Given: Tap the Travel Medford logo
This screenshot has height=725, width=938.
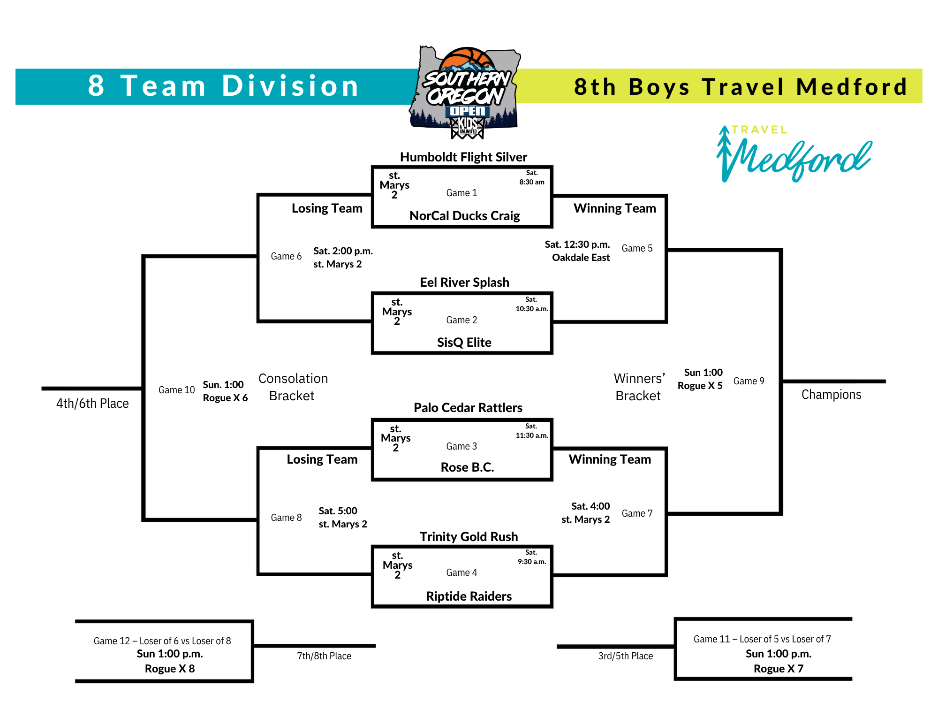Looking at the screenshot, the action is pyautogui.click(x=794, y=153).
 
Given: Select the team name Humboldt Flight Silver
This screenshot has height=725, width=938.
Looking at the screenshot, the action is pyautogui.click(x=463, y=157).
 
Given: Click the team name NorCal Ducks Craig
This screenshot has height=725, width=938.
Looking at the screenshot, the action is pyautogui.click(x=464, y=216).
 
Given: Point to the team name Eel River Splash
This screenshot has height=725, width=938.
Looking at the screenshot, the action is pyautogui.click(x=464, y=282).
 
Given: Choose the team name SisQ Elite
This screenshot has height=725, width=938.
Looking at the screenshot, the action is pyautogui.click(x=464, y=343).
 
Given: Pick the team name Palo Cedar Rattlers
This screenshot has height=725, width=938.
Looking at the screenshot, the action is pyautogui.click(x=468, y=408).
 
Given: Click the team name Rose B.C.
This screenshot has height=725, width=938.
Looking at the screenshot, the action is pyautogui.click(x=468, y=467).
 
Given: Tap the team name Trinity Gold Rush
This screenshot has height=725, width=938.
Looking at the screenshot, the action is pyautogui.click(x=469, y=537).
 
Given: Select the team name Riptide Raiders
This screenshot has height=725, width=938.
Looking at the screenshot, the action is pyautogui.click(x=469, y=596).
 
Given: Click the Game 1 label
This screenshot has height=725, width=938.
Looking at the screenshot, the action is pyautogui.click(x=461, y=193).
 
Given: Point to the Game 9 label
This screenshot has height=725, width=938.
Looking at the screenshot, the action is pyautogui.click(x=749, y=381).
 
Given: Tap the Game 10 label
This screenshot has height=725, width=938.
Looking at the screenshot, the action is pyautogui.click(x=176, y=390).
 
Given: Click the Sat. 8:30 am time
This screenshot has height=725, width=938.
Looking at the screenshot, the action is pyautogui.click(x=532, y=177).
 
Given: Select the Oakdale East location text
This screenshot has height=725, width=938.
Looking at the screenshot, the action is pyautogui.click(x=581, y=258).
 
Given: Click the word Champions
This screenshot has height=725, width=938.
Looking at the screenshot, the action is pyautogui.click(x=831, y=395).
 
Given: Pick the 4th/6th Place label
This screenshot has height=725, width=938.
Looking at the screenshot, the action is pyautogui.click(x=92, y=404).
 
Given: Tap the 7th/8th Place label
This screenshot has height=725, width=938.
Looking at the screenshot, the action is pyautogui.click(x=324, y=656).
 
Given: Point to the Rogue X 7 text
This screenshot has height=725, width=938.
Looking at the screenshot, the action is pyautogui.click(x=779, y=669).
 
